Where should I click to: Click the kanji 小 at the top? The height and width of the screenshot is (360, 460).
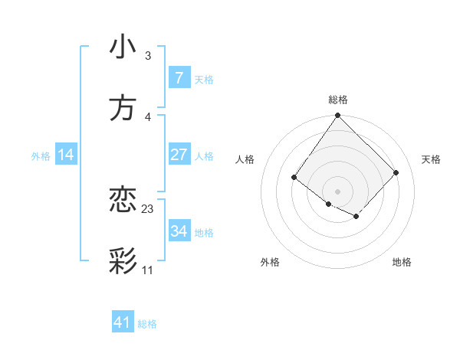pos(123,47)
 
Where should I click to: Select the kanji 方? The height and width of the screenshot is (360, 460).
pos(123,107)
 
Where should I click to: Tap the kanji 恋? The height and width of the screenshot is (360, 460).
pos(123,200)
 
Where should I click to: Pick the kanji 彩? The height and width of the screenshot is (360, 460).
pos(123,260)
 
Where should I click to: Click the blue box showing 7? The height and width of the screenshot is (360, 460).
pos(179,77)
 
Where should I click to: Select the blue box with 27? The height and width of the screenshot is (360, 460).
pos(179,155)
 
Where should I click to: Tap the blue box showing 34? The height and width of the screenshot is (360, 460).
pos(179,231)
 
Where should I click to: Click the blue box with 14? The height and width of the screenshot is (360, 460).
pos(66,155)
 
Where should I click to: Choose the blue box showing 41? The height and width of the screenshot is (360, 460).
pos(123,322)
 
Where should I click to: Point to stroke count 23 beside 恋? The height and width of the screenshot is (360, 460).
pos(148,209)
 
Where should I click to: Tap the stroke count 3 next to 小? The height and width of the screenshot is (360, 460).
pos(148,56)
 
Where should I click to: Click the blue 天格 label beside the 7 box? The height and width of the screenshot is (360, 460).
pos(204,79)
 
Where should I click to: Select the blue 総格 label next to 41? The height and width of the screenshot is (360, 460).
pos(147,324)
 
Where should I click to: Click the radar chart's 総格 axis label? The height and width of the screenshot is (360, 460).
pos(337,100)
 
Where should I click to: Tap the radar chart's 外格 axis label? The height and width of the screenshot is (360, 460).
pos(270,262)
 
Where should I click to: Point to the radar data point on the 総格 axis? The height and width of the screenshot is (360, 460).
pos(337,116)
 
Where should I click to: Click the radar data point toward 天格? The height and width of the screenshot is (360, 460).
pos(396,172)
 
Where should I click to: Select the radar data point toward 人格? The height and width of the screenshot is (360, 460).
pos(294,178)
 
